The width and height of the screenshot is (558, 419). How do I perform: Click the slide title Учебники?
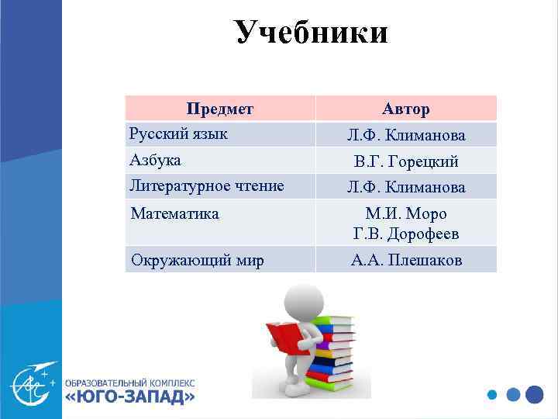point(311,33)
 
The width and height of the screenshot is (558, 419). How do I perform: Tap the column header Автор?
point(405,109)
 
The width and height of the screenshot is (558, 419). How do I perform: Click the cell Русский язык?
point(178,133)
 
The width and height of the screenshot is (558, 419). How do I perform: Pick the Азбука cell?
point(155,160)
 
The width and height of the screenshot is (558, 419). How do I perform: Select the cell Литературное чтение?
point(206,185)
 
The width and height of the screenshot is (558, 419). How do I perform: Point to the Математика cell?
point(174,213)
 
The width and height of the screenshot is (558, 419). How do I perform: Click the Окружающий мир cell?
point(197,260)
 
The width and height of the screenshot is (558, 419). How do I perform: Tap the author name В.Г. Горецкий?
point(406,161)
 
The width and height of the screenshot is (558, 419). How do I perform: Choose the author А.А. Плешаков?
point(406,260)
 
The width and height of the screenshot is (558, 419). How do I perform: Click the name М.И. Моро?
point(406,213)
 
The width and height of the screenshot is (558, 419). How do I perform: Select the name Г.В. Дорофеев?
point(406,234)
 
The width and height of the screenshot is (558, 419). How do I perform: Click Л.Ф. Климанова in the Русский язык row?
point(406,135)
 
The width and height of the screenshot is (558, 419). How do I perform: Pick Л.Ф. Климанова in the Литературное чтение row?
point(406,187)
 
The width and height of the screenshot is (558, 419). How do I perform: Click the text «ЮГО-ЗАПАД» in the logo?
point(129,397)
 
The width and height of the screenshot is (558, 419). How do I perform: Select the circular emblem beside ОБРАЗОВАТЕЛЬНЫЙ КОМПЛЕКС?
point(32,383)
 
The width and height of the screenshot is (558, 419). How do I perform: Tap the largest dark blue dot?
point(534,394)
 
